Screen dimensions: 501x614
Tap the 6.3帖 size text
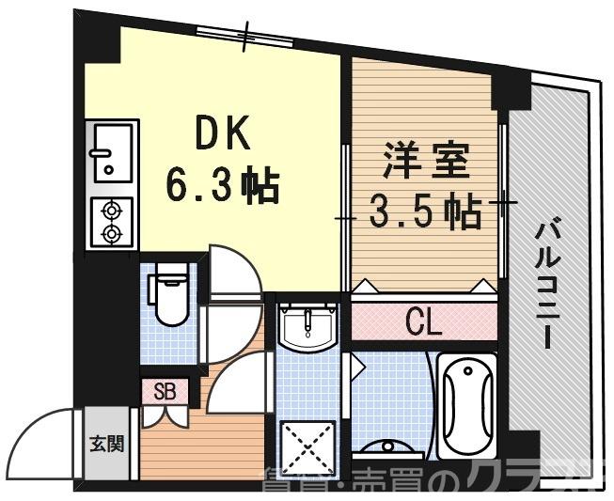223,184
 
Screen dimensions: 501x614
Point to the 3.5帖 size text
426,212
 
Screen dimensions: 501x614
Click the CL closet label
422,324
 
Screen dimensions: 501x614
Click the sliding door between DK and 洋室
346,216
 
